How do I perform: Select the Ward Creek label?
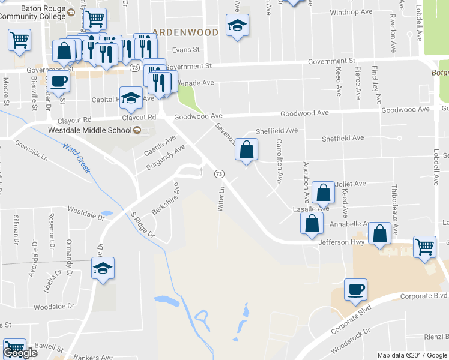(77, 157)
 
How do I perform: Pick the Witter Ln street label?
(221, 198)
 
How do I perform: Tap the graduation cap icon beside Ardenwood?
(237, 25)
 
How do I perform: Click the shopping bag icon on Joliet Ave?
(323, 193)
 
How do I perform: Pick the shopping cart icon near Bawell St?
(14, 349)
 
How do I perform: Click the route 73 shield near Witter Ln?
(219, 173)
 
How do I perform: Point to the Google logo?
(20, 353)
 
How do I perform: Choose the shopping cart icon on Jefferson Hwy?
(424, 246)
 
